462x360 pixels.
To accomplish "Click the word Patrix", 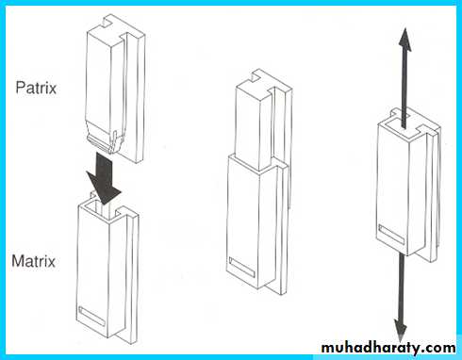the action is (36, 88).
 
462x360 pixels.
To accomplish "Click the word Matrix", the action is (34, 261).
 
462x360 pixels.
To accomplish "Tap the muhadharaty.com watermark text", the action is (388, 348).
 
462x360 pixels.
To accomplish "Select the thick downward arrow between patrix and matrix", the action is (104, 177).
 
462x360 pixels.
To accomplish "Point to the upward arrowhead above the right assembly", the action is (405, 40).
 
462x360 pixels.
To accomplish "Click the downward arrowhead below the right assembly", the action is (401, 329).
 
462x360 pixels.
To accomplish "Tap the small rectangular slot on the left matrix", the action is (91, 316).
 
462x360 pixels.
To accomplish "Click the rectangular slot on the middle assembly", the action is (241, 268).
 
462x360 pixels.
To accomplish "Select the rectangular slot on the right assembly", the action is (391, 235).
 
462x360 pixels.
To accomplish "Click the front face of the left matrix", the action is (92, 270).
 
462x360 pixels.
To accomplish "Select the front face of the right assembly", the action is (393, 188).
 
